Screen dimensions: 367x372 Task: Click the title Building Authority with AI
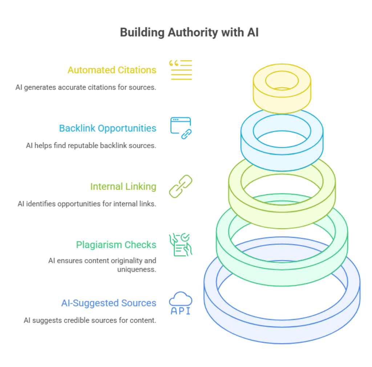click(x=189, y=32)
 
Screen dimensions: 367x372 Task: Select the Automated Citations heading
click(x=112, y=70)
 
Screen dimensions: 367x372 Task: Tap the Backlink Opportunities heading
click(x=108, y=128)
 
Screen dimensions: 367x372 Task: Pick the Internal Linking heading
click(x=123, y=187)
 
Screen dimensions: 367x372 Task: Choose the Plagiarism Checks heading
click(x=116, y=245)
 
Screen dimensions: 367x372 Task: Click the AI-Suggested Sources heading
click(x=109, y=303)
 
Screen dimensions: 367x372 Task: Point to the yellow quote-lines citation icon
click(x=181, y=70)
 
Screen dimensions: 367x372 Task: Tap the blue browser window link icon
click(x=181, y=128)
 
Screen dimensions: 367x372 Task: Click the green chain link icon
click(x=181, y=186)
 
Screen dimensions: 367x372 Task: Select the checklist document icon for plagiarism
click(x=181, y=245)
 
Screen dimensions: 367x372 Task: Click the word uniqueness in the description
click(x=136, y=269)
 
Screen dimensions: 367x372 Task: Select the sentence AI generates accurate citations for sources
click(x=86, y=87)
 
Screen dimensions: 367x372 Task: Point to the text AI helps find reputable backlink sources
click(x=91, y=146)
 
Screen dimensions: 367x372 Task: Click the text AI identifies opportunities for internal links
click(x=87, y=204)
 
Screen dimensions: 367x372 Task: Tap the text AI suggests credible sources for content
click(x=90, y=321)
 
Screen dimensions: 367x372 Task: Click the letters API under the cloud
click(x=181, y=311)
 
